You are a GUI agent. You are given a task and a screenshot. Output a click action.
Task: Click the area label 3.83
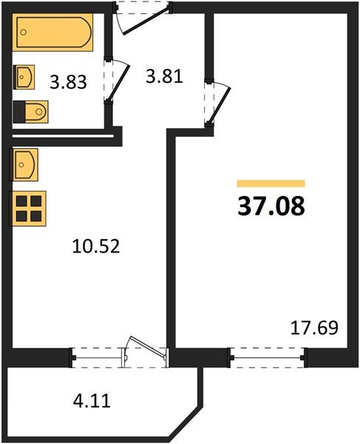click(67, 82)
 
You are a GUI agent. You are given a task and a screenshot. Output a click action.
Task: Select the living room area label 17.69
click(314, 326)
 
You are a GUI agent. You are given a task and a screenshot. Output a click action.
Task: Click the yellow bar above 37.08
click(271, 183)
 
